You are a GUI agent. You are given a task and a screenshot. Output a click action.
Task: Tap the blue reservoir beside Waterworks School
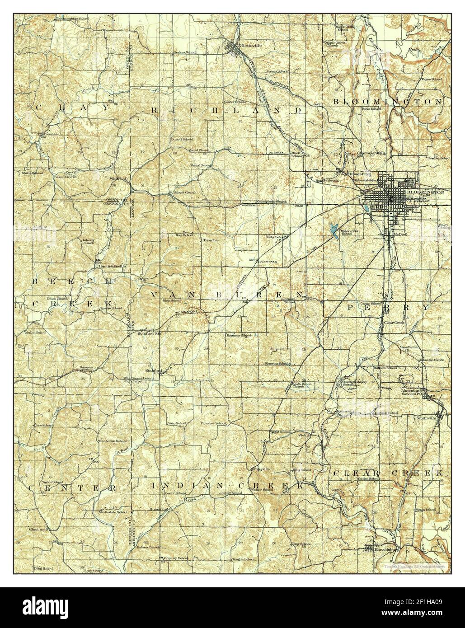point(334,230)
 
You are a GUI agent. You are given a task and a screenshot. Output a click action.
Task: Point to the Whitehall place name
point(119,178)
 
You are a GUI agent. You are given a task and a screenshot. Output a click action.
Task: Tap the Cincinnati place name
point(39,529)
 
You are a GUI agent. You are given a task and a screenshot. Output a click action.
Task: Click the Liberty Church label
point(88,241)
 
